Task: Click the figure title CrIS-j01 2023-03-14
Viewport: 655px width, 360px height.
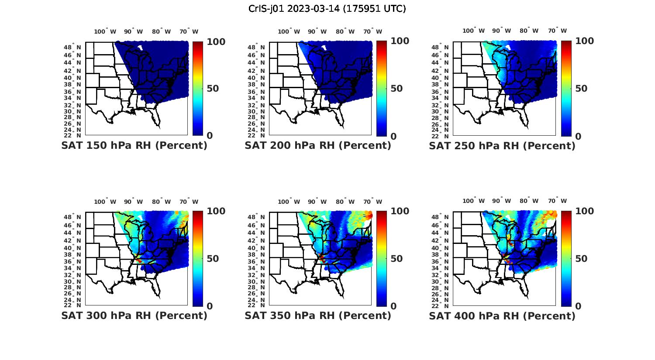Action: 327,8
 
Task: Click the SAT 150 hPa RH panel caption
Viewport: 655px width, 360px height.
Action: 134,145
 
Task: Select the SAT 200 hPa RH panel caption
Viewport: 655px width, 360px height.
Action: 318,145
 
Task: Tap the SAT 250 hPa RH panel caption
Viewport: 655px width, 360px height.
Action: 502,145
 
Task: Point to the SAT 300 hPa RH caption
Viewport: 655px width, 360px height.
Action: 134,315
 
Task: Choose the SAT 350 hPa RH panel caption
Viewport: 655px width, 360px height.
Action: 318,315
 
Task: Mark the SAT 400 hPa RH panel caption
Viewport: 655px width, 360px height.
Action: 502,315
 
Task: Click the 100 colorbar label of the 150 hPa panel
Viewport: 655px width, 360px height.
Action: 216,41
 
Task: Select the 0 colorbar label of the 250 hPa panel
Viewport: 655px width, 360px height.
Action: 578,136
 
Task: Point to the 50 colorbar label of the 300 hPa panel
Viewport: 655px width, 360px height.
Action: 213,258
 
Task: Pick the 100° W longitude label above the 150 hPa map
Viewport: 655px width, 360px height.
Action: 105,31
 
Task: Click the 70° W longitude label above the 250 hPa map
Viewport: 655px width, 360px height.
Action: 558,31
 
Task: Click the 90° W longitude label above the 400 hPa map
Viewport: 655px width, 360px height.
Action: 501,201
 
